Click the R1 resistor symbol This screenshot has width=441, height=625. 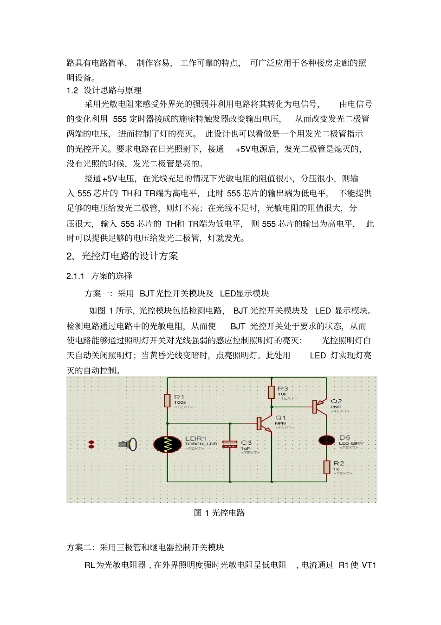168,400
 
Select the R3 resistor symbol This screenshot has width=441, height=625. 272,392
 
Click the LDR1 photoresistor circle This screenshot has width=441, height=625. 168,444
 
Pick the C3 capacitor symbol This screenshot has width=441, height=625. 230,444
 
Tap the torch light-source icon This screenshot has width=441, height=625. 127,444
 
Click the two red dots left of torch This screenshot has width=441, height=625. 91,444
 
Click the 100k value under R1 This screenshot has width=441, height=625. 180,402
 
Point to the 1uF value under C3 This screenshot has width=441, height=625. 245,448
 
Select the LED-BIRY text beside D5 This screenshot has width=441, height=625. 351,443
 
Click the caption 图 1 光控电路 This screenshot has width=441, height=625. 219,513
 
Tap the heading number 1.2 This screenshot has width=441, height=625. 72,90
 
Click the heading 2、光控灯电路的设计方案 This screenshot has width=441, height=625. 122,256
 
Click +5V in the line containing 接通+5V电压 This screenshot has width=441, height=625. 110,178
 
